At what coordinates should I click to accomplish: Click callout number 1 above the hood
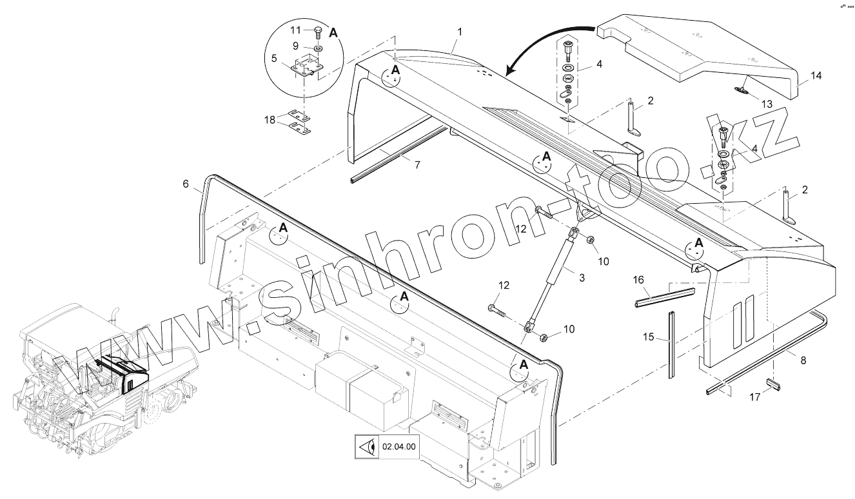(460, 32)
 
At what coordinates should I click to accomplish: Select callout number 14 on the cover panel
(816, 76)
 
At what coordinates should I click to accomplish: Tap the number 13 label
(767, 104)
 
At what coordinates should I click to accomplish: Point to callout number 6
(186, 184)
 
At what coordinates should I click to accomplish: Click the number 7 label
(417, 165)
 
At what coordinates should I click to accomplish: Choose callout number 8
(803, 361)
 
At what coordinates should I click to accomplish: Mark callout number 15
(649, 337)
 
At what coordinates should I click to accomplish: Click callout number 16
(638, 280)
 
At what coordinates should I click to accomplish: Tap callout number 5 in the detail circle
(274, 58)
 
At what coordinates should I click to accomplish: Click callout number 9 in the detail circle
(295, 46)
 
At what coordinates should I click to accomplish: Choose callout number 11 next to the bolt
(295, 30)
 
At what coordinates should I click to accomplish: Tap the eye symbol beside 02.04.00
(367, 446)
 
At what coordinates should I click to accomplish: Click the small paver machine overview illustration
(103, 380)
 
